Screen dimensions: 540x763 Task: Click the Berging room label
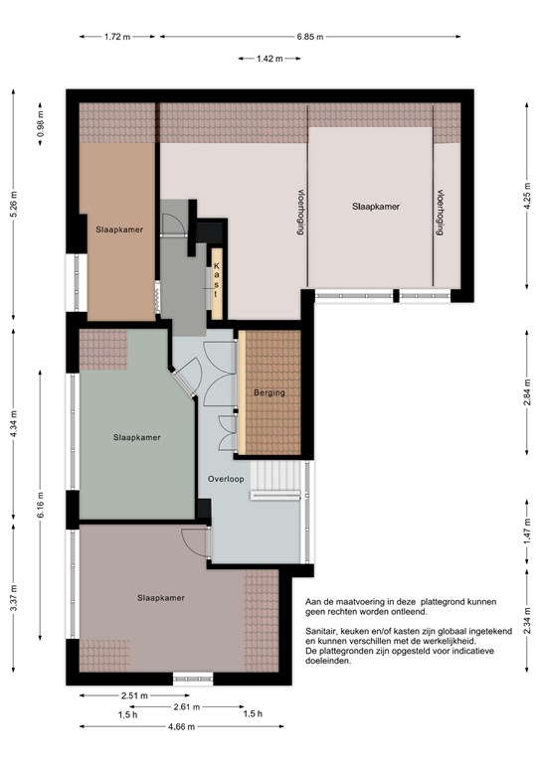click(x=270, y=392)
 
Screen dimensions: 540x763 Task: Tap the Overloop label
click(x=226, y=479)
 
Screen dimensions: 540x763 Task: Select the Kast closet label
click(x=216, y=280)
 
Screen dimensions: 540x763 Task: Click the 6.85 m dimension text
click(x=310, y=37)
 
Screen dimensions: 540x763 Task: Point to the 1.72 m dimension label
click(x=117, y=37)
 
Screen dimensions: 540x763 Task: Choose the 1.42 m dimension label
click(x=270, y=59)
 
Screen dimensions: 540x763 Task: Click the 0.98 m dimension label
click(x=41, y=124)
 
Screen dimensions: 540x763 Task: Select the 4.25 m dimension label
click(x=527, y=196)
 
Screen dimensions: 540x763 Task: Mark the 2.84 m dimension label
click(x=527, y=392)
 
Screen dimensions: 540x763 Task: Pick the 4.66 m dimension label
click(x=182, y=727)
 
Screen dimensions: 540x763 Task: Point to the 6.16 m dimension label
click(x=41, y=505)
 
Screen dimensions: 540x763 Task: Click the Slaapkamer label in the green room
click(x=137, y=437)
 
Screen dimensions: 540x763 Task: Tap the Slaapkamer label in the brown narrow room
click(x=119, y=229)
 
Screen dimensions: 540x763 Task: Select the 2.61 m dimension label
click(x=187, y=706)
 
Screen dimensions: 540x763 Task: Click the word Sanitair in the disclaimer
click(x=320, y=631)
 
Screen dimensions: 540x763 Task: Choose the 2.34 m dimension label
click(x=527, y=620)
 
